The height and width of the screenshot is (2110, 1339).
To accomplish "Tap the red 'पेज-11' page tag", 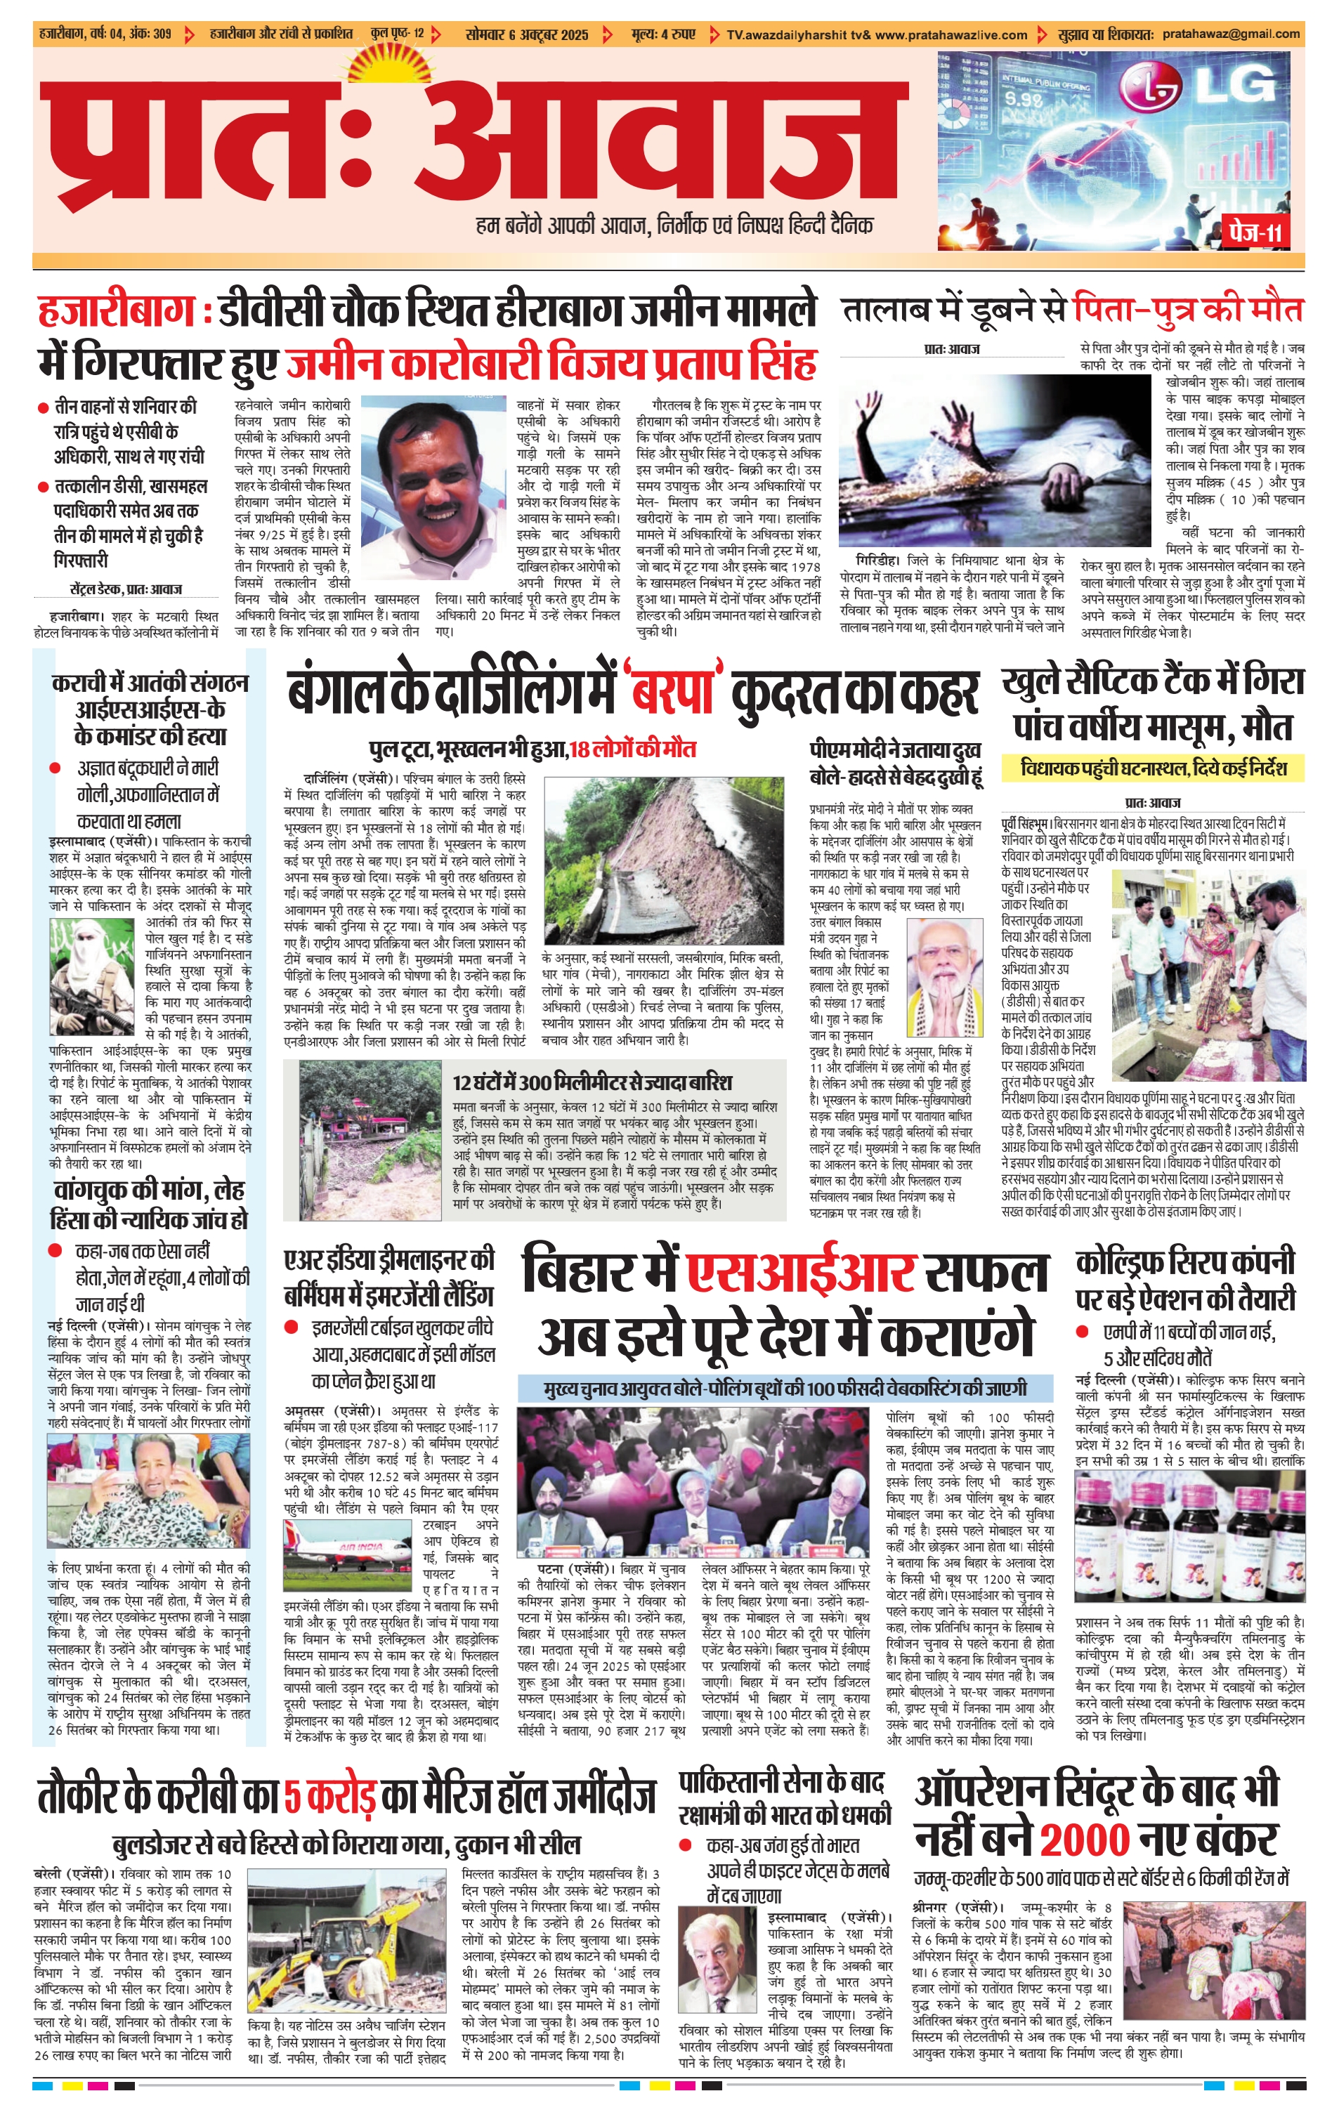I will [1255, 232].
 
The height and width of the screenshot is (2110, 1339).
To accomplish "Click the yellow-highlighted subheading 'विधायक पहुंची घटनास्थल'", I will [1154, 768].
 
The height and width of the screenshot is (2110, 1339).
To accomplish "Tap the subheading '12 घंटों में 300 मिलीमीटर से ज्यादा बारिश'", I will [592, 1082].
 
